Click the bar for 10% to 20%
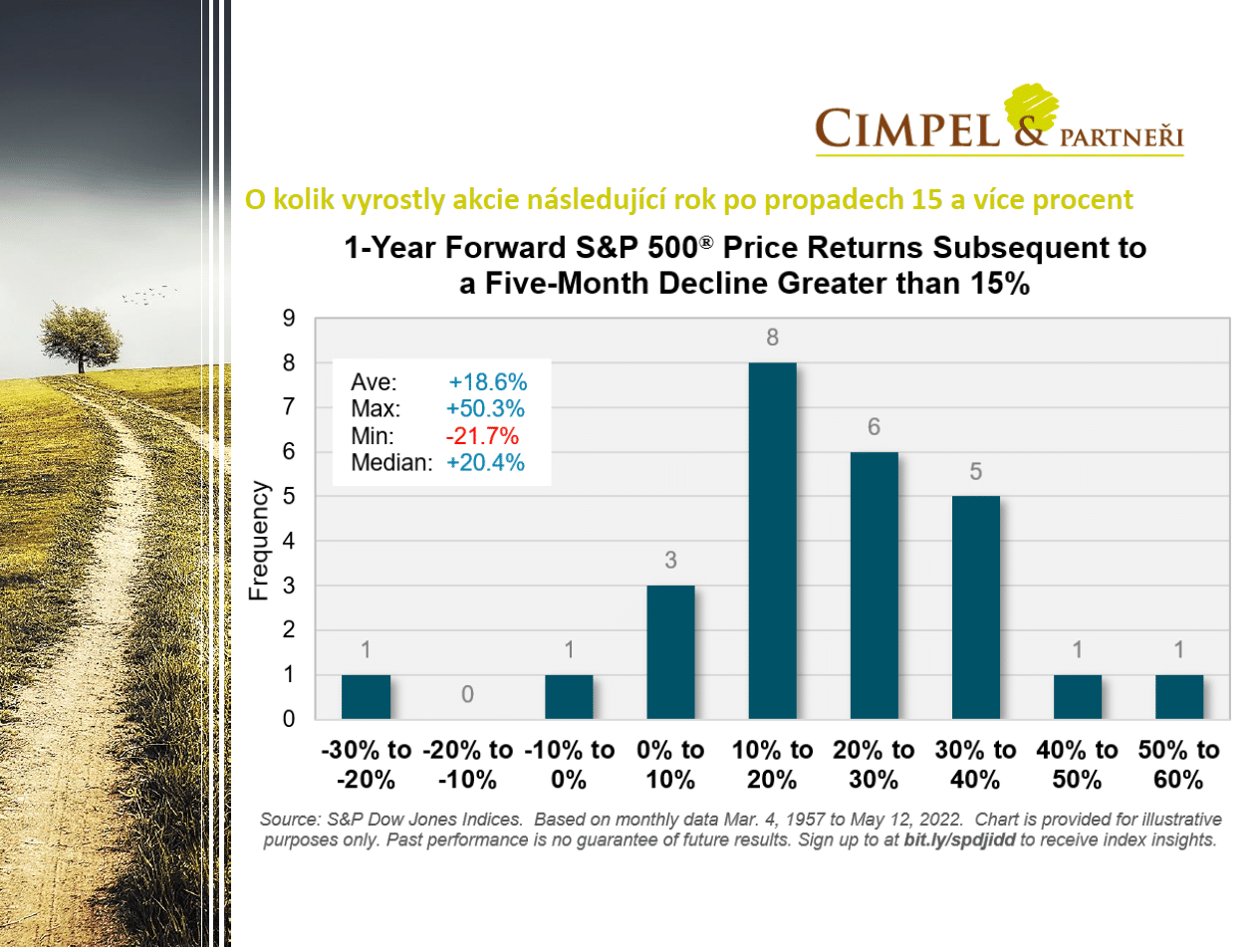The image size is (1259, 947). coord(772,541)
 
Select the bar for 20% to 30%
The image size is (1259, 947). coord(874,586)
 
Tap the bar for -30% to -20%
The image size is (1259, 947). coord(366,696)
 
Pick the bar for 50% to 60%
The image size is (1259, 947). coord(1179,696)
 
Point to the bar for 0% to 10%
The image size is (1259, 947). coord(670,651)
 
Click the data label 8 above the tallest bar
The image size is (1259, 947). coord(772,339)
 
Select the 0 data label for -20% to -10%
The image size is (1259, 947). coord(467,693)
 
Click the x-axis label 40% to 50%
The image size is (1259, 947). coord(1078,764)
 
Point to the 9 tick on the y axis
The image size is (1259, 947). coord(289,319)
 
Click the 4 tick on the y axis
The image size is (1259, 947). coord(289,541)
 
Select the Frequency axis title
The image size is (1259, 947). coord(259,541)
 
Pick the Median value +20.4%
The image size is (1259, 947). coord(485,462)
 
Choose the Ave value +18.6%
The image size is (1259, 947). coord(488,383)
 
